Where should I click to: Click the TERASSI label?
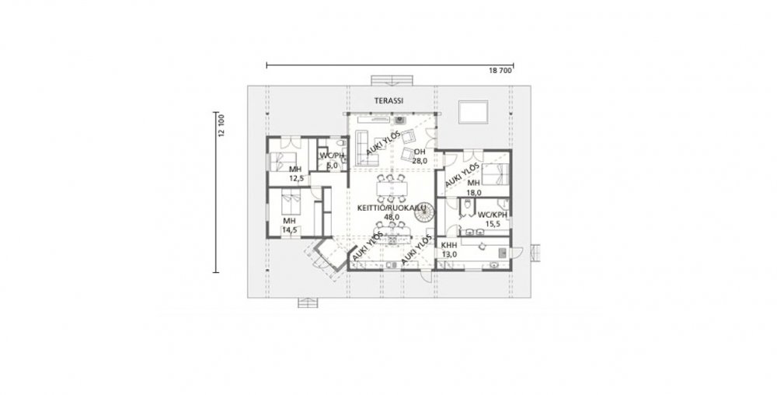pos(388,100)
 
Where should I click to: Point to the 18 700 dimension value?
pos(500,71)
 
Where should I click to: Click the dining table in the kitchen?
pos(392,189)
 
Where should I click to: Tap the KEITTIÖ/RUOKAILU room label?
pos(392,208)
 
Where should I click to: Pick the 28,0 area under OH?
pos(420,160)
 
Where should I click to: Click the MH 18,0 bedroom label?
pos(474,188)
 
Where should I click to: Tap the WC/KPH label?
pos(492,215)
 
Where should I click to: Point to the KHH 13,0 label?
pos(449,250)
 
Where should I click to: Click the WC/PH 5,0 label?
pos(332,161)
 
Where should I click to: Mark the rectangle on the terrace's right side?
pos(473,111)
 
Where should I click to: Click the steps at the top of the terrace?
pos(392,81)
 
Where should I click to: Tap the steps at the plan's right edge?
pos(535,253)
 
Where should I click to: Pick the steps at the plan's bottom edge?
pos(308,302)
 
